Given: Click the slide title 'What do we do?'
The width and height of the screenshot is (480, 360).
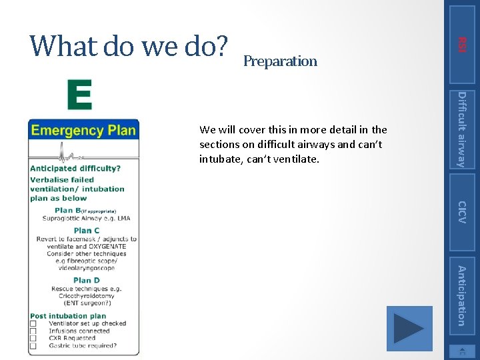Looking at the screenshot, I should (x=129, y=46).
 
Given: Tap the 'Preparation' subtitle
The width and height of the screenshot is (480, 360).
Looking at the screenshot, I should (x=280, y=61).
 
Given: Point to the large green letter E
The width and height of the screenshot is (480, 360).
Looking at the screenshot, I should (x=79, y=95).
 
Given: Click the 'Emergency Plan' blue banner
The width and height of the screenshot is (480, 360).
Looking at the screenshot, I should (x=83, y=130).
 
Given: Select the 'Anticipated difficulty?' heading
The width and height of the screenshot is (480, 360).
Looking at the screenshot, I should (x=75, y=169).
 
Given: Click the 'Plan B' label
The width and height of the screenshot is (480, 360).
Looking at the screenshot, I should (x=69, y=210).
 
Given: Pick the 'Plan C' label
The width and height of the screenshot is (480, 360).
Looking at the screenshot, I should (x=87, y=231).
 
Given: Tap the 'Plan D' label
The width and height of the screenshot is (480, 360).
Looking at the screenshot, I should (x=87, y=281).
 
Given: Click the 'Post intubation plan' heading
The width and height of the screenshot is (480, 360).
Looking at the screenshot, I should (x=68, y=316).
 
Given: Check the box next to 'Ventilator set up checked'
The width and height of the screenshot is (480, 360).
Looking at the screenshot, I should (x=33, y=324).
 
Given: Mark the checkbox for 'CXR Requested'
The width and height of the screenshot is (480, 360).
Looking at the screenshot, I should (x=33, y=339).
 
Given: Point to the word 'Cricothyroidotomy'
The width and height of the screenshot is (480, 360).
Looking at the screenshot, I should (x=87, y=296).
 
